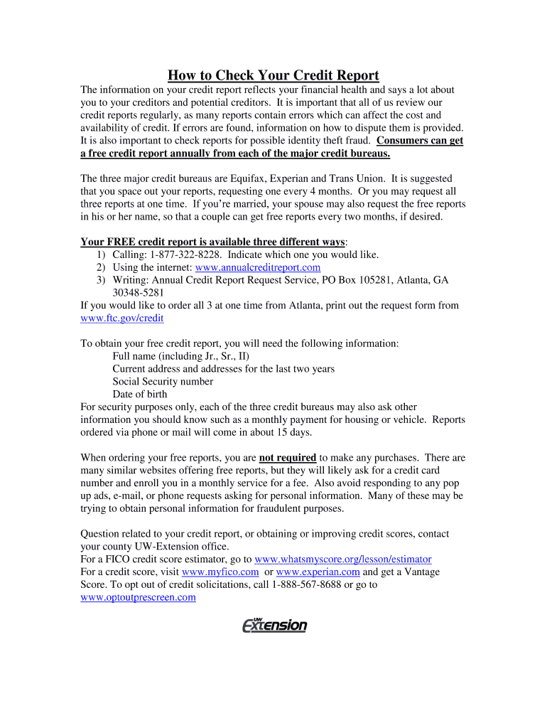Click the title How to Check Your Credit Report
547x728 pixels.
click(273, 75)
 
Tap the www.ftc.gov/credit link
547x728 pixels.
click(122, 318)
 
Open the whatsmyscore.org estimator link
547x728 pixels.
click(342, 560)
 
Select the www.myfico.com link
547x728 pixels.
click(220, 572)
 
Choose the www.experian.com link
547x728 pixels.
click(318, 572)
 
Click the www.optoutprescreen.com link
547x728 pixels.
click(138, 598)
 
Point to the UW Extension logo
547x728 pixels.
click(274, 625)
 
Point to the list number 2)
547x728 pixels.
click(101, 267)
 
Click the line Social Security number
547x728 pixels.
click(163, 382)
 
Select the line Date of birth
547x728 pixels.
click(140, 395)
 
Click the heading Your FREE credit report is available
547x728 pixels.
click(212, 242)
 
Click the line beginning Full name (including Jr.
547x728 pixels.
click(180, 356)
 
